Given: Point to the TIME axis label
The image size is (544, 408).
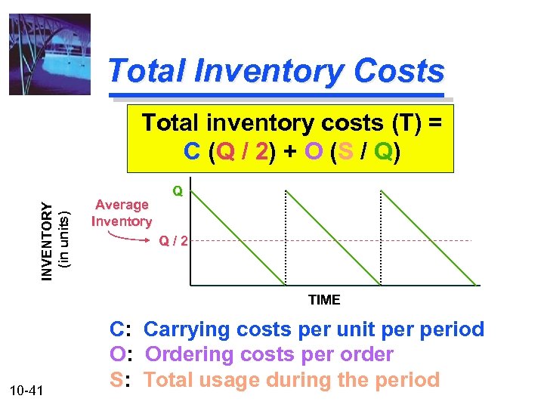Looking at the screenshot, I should coord(324,300).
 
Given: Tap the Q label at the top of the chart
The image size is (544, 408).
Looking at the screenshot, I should coord(178,192).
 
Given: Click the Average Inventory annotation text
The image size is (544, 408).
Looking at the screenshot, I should coord(121,213).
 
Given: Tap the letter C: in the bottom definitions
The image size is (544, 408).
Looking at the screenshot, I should coord(121,330).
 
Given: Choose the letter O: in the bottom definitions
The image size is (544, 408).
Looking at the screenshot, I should coord(122,354).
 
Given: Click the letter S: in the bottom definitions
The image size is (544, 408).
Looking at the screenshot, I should coord(121,379).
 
